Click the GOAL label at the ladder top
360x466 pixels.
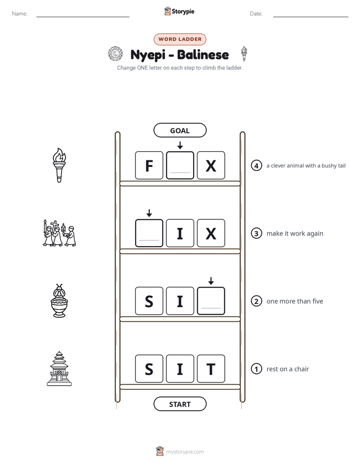(x=180, y=130)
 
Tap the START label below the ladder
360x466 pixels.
(x=180, y=404)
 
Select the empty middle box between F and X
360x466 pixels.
(x=180, y=165)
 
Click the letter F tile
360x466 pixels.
(x=149, y=165)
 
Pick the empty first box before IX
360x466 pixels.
(x=149, y=233)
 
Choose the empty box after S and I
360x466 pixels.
(x=211, y=301)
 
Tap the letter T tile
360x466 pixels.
(x=211, y=369)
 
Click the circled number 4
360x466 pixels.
(x=256, y=165)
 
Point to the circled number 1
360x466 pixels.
(x=256, y=369)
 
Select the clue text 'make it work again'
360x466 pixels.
(x=294, y=234)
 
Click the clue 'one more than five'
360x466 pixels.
(x=294, y=302)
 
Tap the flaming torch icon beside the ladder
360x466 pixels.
(x=59, y=165)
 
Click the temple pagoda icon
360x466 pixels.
(x=59, y=369)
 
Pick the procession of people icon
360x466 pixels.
(x=59, y=233)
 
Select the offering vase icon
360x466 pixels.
(x=59, y=301)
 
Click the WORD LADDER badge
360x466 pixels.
(x=180, y=39)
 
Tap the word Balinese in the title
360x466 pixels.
(x=203, y=54)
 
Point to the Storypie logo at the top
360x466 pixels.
(x=179, y=11)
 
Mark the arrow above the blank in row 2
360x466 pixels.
(x=211, y=280)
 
